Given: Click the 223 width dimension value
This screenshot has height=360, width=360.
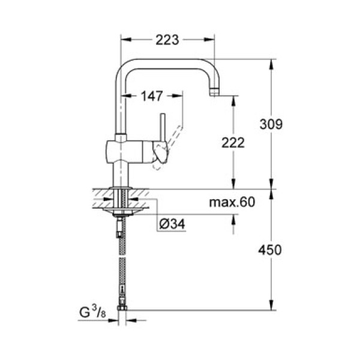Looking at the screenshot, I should (167, 40).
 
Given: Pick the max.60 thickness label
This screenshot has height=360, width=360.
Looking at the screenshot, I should (232, 202).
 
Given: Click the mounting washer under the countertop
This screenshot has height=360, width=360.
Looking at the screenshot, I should (122, 212).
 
